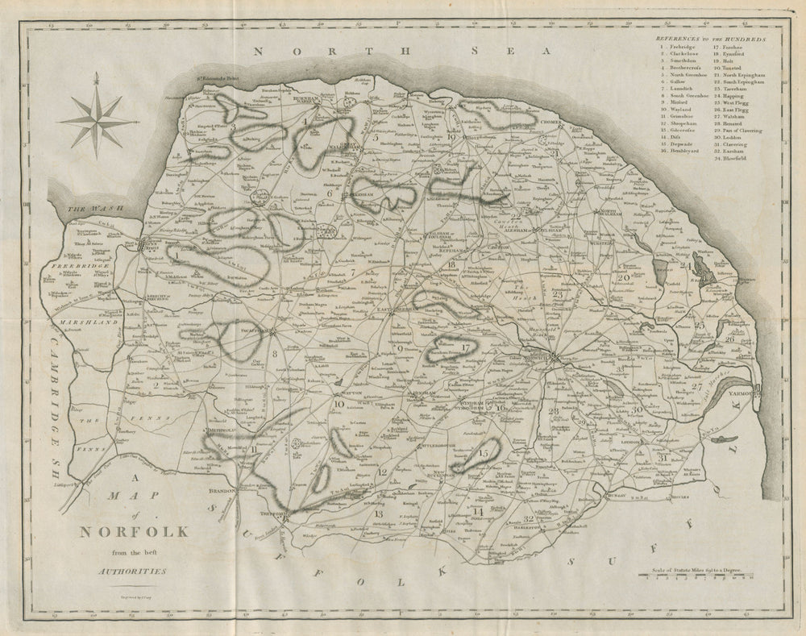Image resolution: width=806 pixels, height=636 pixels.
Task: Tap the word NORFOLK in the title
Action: pyautogui.click(x=133, y=532)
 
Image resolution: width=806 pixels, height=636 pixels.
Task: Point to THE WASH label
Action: pyautogui.click(x=86, y=209)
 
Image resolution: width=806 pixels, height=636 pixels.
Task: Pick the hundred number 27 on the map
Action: pyautogui.click(x=695, y=387)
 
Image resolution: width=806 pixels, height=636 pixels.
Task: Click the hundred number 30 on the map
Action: pyautogui.click(x=637, y=409)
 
